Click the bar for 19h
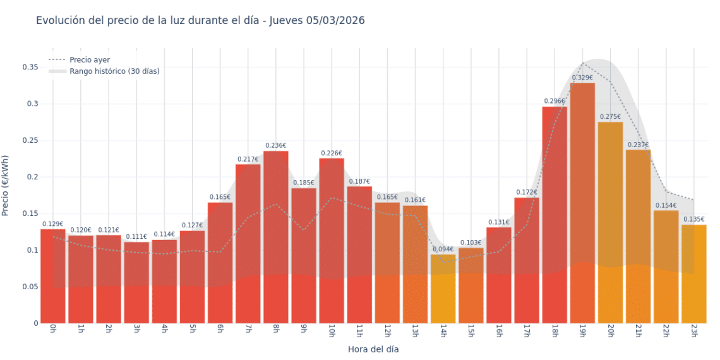(x=582, y=202)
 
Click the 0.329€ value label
(x=582, y=78)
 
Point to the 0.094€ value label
(x=443, y=249)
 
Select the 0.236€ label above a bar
(x=276, y=146)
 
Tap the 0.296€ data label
(x=555, y=101)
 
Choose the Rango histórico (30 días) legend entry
(x=114, y=71)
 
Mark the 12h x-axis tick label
(x=387, y=332)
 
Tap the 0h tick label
(x=53, y=330)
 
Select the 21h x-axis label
(x=637, y=332)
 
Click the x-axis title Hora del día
(x=373, y=349)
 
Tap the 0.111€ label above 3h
(x=136, y=237)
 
